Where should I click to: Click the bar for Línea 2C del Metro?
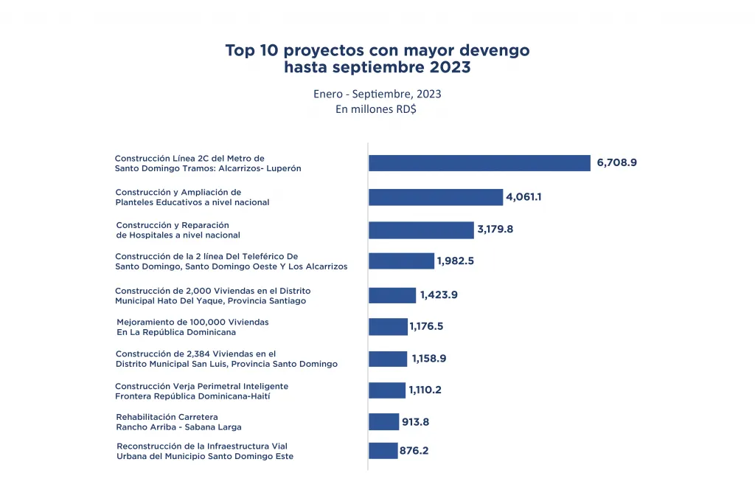click(x=479, y=163)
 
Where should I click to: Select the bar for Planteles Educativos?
click(x=436, y=197)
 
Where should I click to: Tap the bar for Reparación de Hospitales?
click(x=421, y=230)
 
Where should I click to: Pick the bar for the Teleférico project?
click(x=401, y=261)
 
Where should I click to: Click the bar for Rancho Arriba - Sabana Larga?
click(x=383, y=422)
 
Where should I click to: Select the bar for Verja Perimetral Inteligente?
click(x=387, y=390)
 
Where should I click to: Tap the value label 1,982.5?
click(x=456, y=261)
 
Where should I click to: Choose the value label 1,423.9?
click(x=439, y=295)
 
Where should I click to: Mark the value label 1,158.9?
click(x=429, y=359)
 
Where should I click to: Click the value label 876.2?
click(x=414, y=450)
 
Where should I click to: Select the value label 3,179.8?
click(x=495, y=230)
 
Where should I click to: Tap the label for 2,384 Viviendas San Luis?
click(x=226, y=359)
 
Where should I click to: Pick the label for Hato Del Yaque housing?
click(x=210, y=295)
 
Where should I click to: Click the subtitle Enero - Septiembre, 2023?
click(x=377, y=94)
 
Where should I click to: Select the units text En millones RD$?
click(x=377, y=109)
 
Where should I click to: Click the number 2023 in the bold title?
click(x=445, y=68)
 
